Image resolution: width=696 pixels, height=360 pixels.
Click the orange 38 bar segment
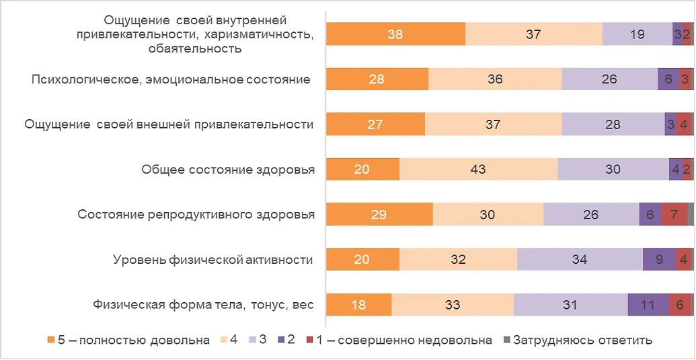[395, 34]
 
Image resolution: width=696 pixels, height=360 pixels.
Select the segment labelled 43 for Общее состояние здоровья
[478, 170]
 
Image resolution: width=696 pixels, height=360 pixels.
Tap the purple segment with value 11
[648, 305]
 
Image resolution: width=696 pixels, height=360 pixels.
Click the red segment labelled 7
[674, 215]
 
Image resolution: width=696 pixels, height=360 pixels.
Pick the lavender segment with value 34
[580, 260]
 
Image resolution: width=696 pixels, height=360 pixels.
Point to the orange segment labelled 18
[358, 305]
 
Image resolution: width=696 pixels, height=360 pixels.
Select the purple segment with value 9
[660, 260]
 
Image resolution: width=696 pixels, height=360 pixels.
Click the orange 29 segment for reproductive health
[379, 215]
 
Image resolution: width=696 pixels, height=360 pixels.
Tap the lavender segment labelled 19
[637, 34]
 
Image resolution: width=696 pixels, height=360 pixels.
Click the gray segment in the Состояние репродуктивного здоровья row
[690, 215]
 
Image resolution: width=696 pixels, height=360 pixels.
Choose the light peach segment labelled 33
[453, 305]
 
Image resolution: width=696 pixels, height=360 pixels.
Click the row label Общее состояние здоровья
[228, 170]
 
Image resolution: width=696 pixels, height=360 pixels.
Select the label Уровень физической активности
[213, 260]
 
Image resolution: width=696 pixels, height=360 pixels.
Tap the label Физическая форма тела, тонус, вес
[204, 305]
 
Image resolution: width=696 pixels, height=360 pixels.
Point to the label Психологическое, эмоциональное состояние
[171, 79]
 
